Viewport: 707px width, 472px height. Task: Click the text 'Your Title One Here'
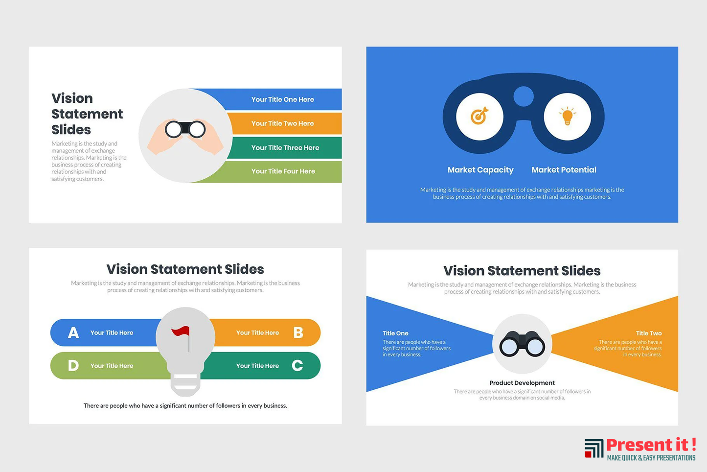(x=282, y=99)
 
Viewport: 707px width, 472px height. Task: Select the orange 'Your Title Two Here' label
(x=282, y=123)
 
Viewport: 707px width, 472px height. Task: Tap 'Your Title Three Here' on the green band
(x=285, y=147)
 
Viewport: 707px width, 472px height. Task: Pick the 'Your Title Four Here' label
(x=283, y=171)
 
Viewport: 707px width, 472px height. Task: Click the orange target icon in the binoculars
(x=479, y=116)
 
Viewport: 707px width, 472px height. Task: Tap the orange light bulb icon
(x=567, y=116)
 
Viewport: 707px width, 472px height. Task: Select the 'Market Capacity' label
(x=480, y=170)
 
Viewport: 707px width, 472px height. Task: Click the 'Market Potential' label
(x=564, y=169)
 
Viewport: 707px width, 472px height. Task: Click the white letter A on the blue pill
(x=73, y=332)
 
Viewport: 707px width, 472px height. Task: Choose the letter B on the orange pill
(x=298, y=332)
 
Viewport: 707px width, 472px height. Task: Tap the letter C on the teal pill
(x=297, y=366)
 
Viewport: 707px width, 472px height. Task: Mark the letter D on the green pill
(x=73, y=366)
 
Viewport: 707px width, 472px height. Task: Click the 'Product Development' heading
(x=522, y=383)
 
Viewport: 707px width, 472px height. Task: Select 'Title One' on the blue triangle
(x=395, y=333)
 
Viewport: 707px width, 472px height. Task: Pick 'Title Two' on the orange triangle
(x=649, y=333)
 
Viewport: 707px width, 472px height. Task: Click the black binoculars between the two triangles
(x=522, y=344)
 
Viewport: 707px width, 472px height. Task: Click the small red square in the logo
(x=588, y=454)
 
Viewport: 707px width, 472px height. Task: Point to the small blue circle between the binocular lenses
(x=524, y=96)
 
